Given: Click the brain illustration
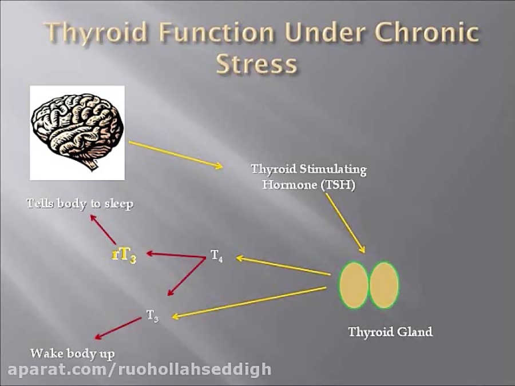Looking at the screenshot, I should [77, 132].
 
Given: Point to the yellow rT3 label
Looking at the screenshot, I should [124, 254].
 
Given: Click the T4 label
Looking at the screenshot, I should [216, 256].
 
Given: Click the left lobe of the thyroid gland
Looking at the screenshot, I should [354, 285].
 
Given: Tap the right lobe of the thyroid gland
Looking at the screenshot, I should [384, 285].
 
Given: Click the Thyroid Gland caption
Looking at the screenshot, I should [390, 332].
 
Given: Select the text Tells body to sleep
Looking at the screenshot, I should [80, 204].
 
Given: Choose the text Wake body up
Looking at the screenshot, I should [73, 353].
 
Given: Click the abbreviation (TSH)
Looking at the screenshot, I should [337, 185].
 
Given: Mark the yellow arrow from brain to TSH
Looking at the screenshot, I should [175, 154].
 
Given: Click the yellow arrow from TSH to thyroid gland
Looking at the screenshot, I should [345, 223].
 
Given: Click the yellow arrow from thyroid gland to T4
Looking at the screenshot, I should [283, 266].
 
